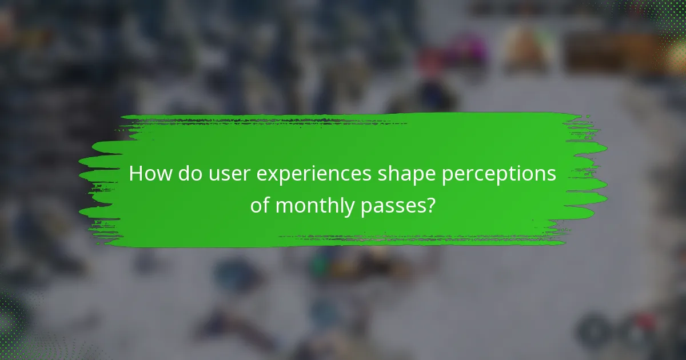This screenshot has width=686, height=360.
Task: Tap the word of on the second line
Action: point(260,205)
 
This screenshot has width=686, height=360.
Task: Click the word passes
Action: point(393,206)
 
